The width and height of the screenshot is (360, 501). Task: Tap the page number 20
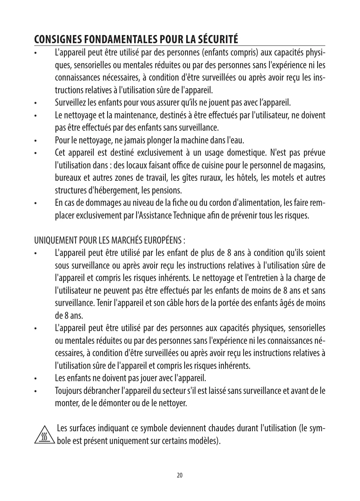pyautogui.click(x=180, y=475)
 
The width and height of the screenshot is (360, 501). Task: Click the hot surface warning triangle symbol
pyautogui.click(x=45, y=435)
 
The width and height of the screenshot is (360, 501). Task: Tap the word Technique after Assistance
pyautogui.click(x=189, y=215)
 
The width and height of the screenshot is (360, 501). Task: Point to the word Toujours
pyautogui.click(x=68, y=391)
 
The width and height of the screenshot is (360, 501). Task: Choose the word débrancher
pyautogui.click(x=101, y=391)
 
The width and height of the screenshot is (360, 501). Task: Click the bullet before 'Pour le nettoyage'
pyautogui.click(x=35, y=141)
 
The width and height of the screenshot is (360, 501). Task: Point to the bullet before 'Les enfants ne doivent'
pyautogui.click(x=35, y=378)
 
